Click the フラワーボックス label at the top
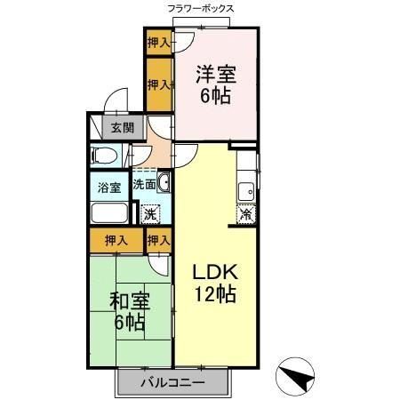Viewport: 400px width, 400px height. pos(201,9)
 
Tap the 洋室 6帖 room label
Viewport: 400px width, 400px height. pos(216,84)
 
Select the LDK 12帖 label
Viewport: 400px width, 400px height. pos(215,283)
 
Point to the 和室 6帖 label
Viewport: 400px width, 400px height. pos(130,311)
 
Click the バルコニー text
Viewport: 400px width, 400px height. pos(172,383)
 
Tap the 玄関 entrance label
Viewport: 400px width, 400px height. pos(123,128)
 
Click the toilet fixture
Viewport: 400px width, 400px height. pos(103,156)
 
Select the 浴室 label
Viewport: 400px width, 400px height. pos(109,188)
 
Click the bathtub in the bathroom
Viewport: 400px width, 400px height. pos(109,212)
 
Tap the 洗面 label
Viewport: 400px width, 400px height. pos(144,184)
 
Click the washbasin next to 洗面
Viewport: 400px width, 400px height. pos(164,182)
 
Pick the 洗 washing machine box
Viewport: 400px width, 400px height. pos(150,214)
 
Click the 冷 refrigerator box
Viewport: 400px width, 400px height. pos(246,214)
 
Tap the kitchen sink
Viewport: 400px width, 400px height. pos(246,192)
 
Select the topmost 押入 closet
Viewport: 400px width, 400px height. pos(159,43)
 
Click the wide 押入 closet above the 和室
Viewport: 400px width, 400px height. pos(116,241)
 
